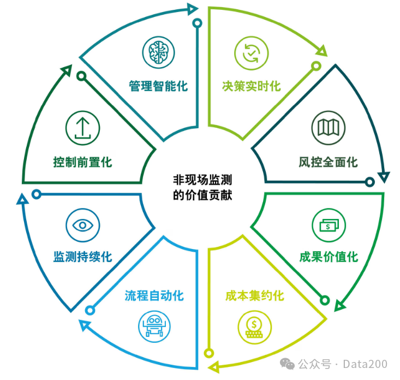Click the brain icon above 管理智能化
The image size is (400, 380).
[x=158, y=53]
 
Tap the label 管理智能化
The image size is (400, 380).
[x=158, y=86]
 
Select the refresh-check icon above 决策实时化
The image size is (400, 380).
[x=251, y=53]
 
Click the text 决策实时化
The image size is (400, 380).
[x=251, y=86]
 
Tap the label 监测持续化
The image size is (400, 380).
[x=82, y=257]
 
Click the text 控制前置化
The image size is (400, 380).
[x=82, y=162]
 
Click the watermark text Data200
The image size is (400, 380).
[x=368, y=364]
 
